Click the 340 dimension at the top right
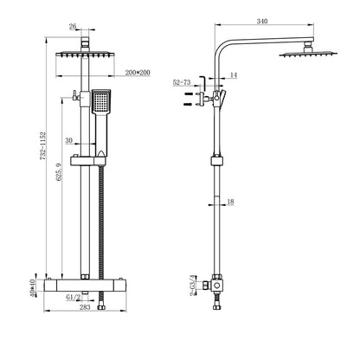coord(262,21)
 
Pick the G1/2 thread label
coord(74,296)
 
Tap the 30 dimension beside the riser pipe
coord(69,139)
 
